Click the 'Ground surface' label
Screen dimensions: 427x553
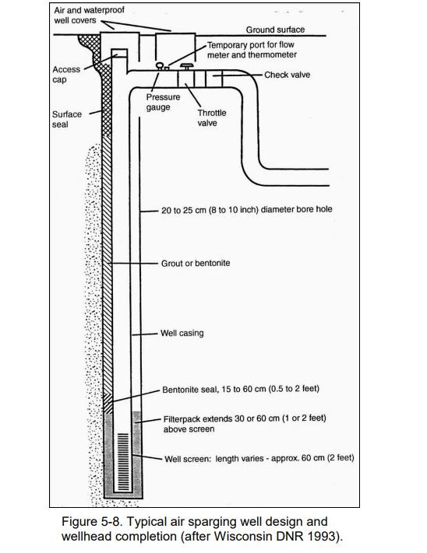[x=275, y=30]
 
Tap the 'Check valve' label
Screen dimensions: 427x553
[x=288, y=75]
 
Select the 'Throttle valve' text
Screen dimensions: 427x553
[x=212, y=117]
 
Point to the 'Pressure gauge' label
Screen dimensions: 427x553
[x=163, y=102]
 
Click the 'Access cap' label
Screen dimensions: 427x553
[x=66, y=75]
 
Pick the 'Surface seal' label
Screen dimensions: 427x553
[x=67, y=119]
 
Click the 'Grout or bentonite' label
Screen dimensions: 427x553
[x=196, y=263]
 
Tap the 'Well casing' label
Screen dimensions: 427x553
[x=182, y=333]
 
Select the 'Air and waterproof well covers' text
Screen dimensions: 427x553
[x=89, y=15]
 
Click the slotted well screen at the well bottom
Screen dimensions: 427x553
[x=123, y=462]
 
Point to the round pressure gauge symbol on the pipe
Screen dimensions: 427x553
[x=159, y=65]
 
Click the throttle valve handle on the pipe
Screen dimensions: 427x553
[x=186, y=65]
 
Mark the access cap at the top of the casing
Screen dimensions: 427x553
[x=119, y=53]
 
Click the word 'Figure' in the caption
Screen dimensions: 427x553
[x=78, y=522]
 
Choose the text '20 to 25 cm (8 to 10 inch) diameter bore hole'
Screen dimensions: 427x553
[x=246, y=210]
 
